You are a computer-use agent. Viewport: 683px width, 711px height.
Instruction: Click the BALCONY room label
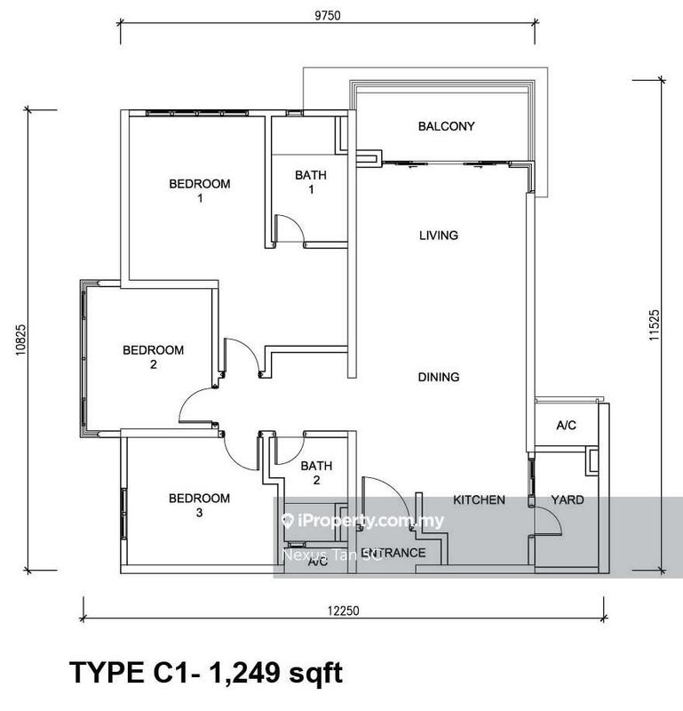pos(447,126)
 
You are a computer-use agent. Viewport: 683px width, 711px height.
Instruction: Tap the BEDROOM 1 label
pos(200,191)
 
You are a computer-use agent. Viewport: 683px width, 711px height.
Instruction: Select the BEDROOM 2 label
pos(153,357)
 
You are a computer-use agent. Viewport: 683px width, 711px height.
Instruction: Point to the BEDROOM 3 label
pos(199,506)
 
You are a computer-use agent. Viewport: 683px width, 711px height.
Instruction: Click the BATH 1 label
pos(311,183)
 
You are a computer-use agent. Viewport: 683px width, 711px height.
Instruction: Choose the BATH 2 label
pos(315,473)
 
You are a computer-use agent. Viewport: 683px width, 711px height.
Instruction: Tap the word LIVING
pos(439,236)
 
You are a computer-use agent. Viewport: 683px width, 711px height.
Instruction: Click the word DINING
pos(439,377)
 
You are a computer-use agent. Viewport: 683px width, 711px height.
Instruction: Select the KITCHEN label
pos(479,500)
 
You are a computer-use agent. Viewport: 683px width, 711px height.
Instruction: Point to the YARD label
pos(567,500)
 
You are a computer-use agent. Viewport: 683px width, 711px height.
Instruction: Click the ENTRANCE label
pos(393,553)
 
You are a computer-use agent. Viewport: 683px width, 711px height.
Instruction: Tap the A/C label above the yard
pos(567,427)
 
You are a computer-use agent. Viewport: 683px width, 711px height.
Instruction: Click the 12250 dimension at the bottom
pos(343,611)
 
